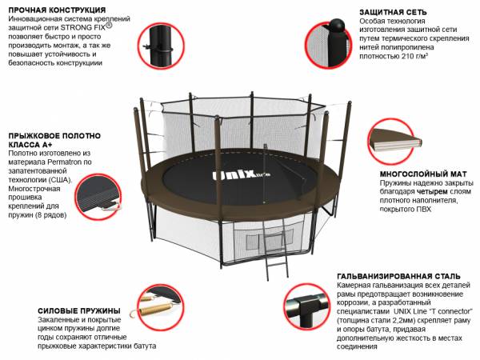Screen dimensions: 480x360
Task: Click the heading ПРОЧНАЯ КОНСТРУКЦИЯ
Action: point(57,10)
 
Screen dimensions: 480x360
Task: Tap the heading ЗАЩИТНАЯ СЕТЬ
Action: point(393,12)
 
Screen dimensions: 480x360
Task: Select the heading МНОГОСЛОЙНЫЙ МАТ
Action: point(423,174)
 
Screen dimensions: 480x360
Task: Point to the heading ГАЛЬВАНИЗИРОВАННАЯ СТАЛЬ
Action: point(398,276)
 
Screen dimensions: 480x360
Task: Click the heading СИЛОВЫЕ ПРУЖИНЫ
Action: point(79,310)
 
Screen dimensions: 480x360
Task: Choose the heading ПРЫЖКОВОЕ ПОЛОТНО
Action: point(54,136)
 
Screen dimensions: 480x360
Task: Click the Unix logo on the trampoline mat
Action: point(242,175)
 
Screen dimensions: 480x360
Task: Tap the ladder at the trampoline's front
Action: point(276,247)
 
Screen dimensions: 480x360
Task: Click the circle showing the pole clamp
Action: point(161,46)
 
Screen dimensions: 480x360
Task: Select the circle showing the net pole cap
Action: point(329,45)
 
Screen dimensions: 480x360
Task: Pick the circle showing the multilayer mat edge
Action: point(391,141)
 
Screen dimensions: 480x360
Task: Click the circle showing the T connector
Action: point(306,306)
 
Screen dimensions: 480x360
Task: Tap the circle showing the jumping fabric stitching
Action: point(98,197)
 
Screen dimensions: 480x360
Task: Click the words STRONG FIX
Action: point(82,27)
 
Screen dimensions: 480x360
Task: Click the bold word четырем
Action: point(432,192)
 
